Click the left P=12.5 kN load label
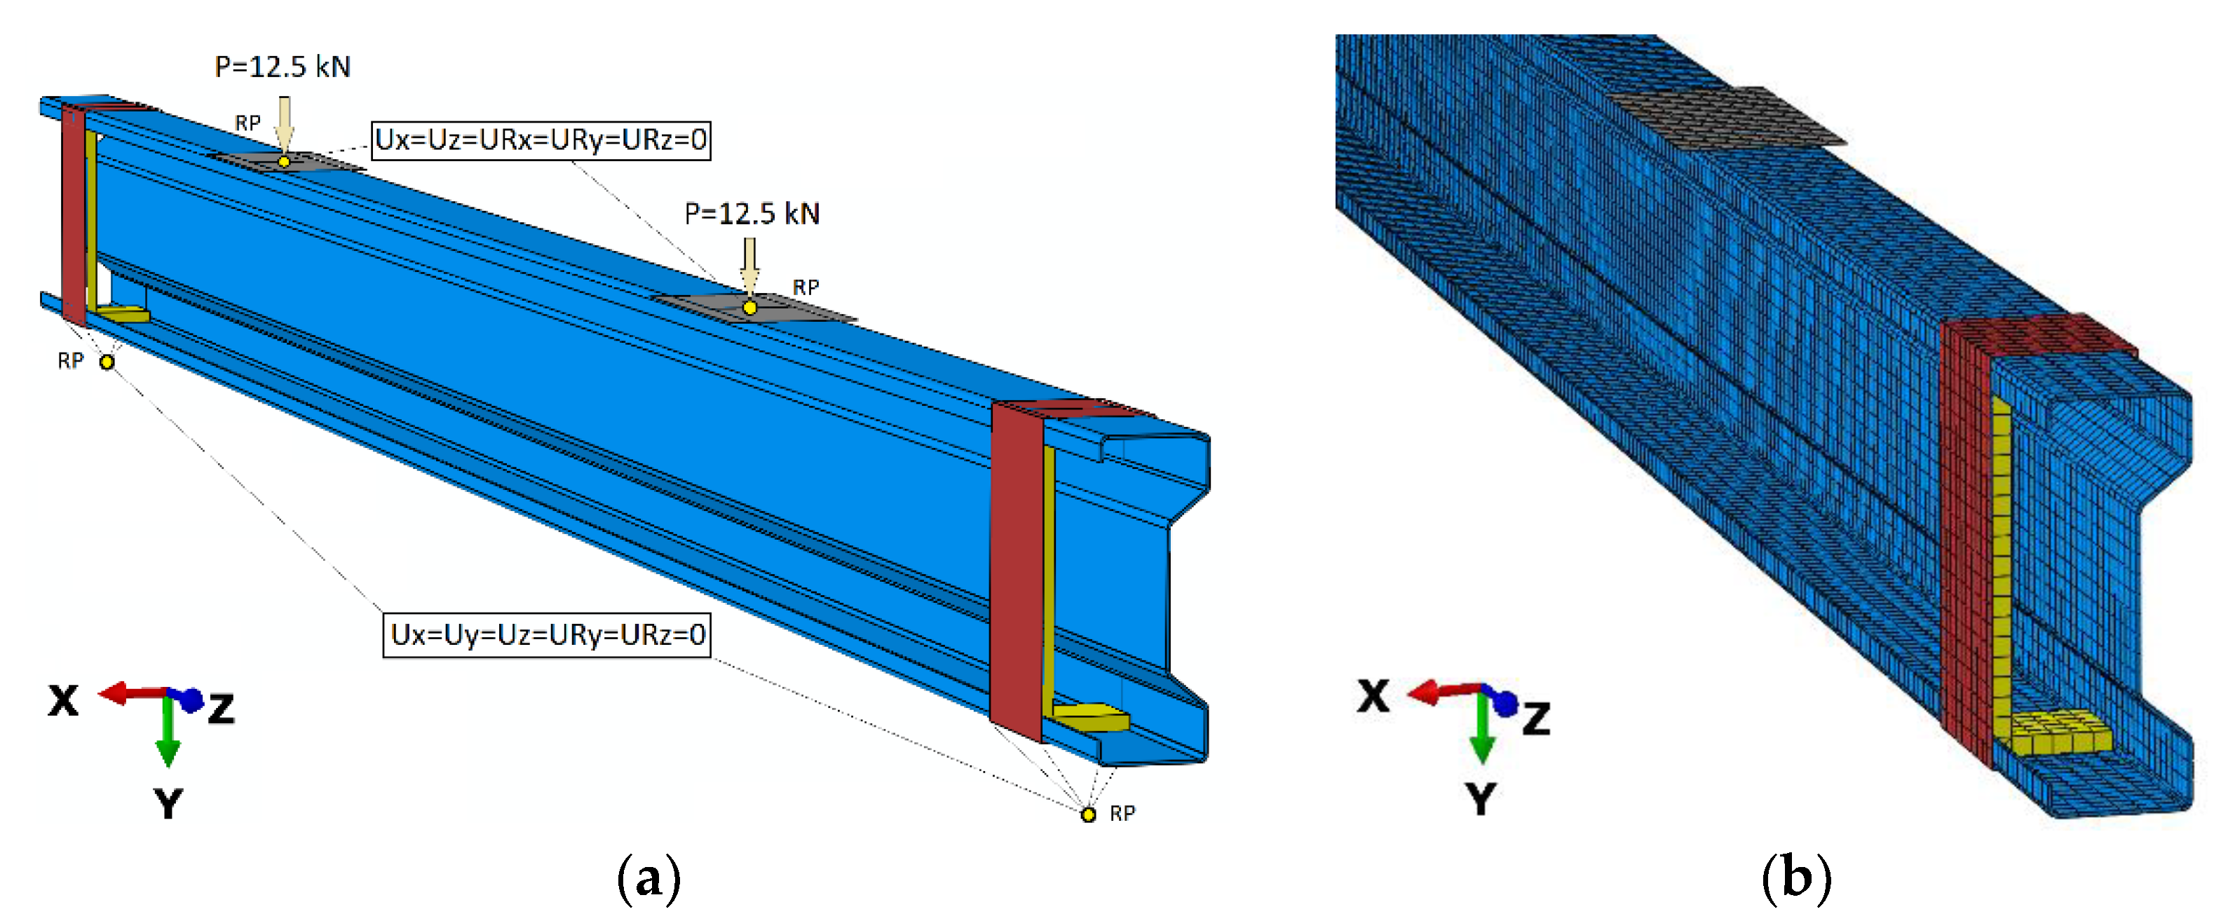coord(282,67)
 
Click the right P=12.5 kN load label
coord(752,214)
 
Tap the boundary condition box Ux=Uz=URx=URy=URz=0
coord(541,139)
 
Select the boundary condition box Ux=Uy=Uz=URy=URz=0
coord(547,635)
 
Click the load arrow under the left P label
coord(284,123)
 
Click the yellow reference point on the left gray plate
coord(284,161)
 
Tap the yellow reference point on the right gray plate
coord(749,308)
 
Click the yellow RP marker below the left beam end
coord(107,362)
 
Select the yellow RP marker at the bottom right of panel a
coord(1088,814)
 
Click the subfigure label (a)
coord(648,880)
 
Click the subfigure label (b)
coord(1796,880)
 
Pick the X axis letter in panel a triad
coord(63,700)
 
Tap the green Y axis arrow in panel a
coord(168,733)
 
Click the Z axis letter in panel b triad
coord(1535,718)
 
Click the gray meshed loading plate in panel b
coord(1725,116)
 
